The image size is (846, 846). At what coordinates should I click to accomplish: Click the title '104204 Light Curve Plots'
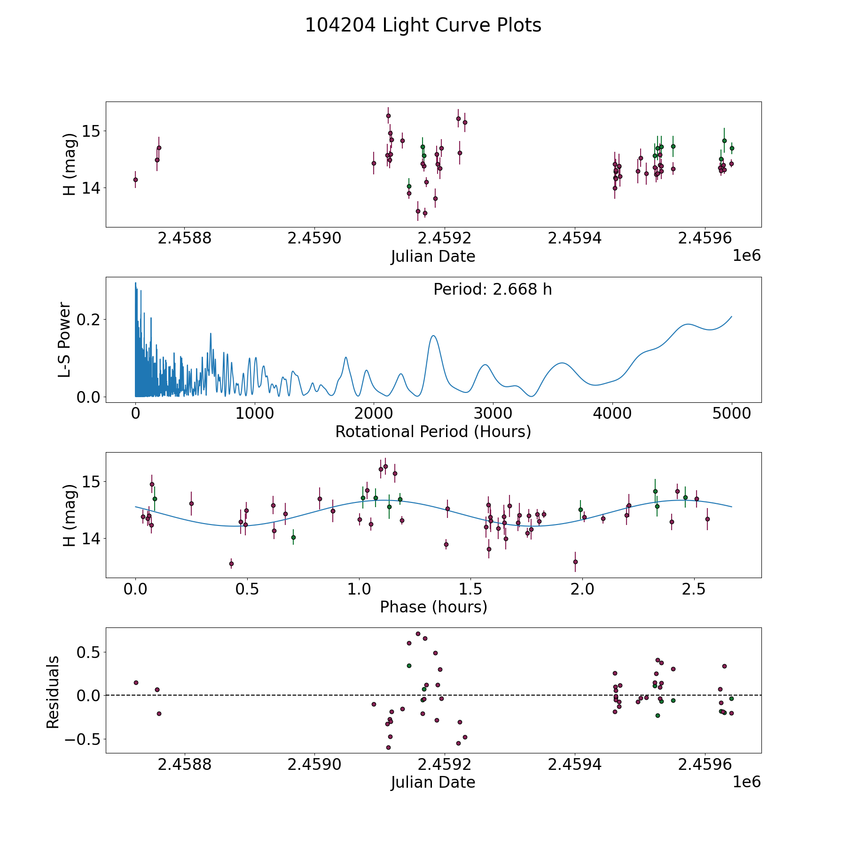423,25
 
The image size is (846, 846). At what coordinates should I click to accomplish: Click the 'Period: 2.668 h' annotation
493,290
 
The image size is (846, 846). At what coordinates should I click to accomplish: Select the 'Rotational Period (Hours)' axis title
433,432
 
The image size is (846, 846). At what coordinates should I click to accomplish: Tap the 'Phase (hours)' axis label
433,607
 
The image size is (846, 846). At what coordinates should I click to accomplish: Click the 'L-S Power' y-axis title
65,340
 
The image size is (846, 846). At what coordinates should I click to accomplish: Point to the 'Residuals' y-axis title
53,692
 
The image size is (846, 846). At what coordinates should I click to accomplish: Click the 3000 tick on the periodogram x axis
493,414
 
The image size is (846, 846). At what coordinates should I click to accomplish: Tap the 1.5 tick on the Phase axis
470,589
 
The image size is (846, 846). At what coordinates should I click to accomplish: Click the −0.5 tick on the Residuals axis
82,739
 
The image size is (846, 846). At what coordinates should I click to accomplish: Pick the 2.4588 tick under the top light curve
185,239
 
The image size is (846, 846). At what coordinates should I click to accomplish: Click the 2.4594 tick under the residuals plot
575,765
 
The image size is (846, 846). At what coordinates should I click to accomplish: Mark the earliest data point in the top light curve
135,180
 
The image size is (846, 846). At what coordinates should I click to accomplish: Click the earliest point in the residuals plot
136,682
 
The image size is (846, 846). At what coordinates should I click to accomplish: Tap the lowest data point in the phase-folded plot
231,564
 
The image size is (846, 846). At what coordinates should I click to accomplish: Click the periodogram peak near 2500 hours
433,336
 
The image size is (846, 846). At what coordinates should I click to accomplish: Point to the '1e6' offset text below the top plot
747,256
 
